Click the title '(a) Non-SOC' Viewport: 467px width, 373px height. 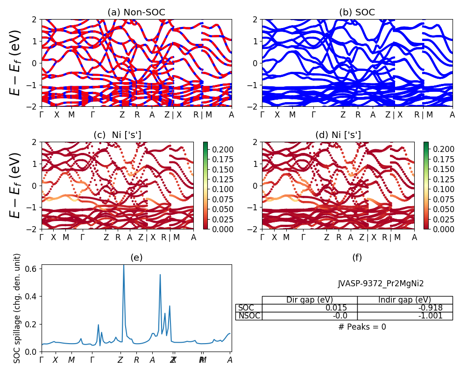[x=136, y=13]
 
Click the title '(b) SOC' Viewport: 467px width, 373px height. [x=357, y=13]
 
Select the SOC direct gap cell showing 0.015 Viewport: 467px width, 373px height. [x=310, y=308]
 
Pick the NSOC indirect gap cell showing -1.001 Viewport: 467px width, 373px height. [x=405, y=316]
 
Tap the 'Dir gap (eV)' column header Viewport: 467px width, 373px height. [x=310, y=300]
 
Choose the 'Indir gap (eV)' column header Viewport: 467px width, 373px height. [x=405, y=300]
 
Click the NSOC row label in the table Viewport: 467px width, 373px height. [x=249, y=316]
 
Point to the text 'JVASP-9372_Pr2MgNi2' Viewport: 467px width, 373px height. [x=381, y=283]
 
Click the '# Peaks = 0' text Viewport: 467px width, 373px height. [x=362, y=327]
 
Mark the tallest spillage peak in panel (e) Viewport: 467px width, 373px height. [x=123, y=265]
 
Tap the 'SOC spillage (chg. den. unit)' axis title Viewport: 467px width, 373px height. [x=17, y=308]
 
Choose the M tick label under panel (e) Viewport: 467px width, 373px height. [x=71, y=360]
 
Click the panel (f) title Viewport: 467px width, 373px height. [x=357, y=257]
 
